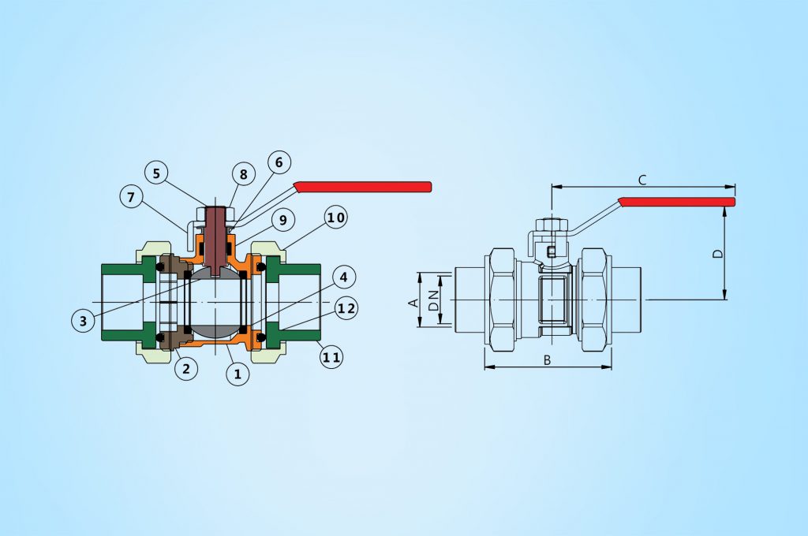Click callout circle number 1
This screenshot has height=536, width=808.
pyautogui.click(x=238, y=374)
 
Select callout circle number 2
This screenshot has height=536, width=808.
pyautogui.click(x=186, y=368)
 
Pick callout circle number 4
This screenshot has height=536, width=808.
pyautogui.click(x=344, y=277)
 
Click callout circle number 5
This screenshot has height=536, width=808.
pyautogui.click(x=156, y=172)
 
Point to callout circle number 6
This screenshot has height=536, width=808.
pyautogui.click(x=279, y=162)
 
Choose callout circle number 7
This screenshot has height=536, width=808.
pyautogui.click(x=132, y=197)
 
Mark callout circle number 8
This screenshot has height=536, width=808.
pyautogui.click(x=243, y=174)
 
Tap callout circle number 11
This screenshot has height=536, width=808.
pyautogui.click(x=332, y=357)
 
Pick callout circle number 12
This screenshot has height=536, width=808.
pyautogui.click(x=344, y=308)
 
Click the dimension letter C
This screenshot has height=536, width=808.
pyautogui.click(x=642, y=181)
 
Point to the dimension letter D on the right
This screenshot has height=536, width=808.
pyautogui.click(x=716, y=254)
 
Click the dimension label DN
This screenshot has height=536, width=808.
pyautogui.click(x=433, y=299)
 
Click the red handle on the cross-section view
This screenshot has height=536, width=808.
pyautogui.click(x=363, y=187)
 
